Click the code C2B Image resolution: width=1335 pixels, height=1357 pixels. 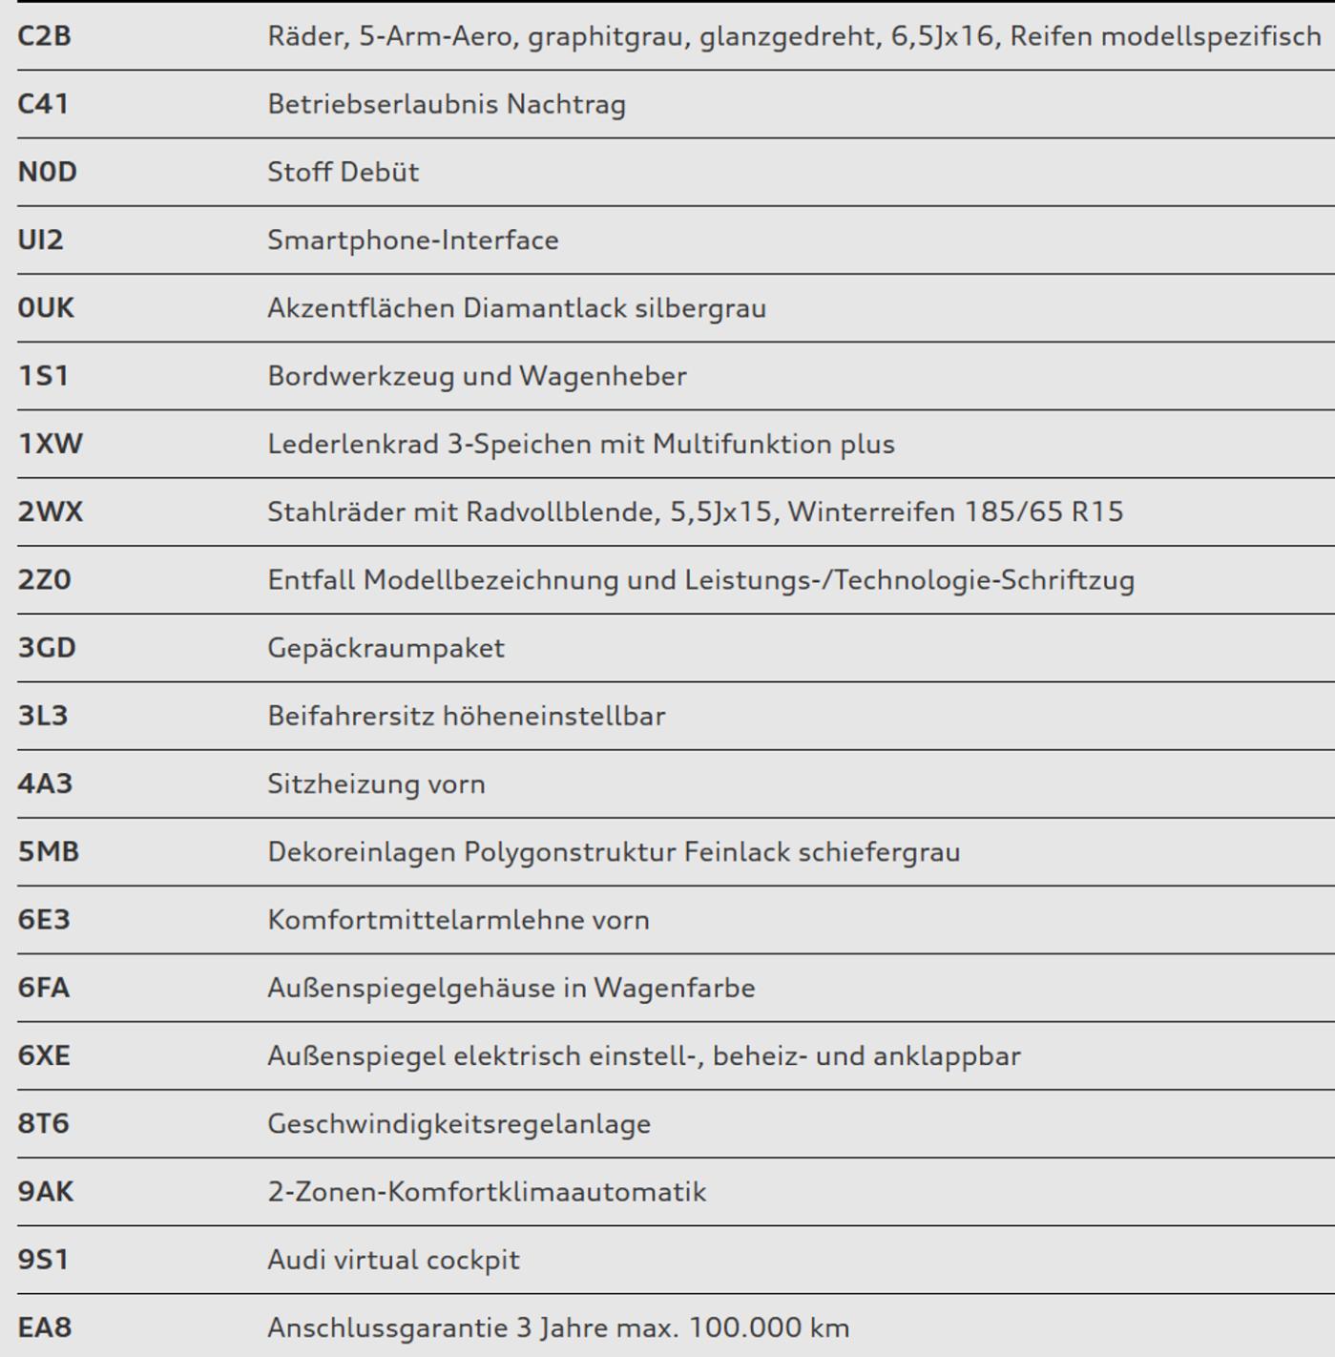[x=44, y=36]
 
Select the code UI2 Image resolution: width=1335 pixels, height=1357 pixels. [x=40, y=240]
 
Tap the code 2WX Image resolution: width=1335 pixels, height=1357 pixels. [x=50, y=511]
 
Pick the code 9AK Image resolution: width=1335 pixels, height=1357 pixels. [x=45, y=1192]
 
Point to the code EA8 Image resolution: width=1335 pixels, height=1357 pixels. [x=44, y=1327]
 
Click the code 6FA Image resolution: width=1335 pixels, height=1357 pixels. [x=43, y=988]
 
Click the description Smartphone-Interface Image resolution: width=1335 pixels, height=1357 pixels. [x=412, y=240]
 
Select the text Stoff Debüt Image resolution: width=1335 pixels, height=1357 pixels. [x=343, y=172]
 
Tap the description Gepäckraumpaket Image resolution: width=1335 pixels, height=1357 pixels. [x=386, y=648]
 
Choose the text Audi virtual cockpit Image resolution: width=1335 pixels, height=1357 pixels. [x=393, y=1260]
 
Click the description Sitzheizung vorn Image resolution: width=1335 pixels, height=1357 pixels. [x=376, y=784]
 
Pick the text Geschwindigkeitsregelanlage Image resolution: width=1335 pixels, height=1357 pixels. [x=458, y=1124]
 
